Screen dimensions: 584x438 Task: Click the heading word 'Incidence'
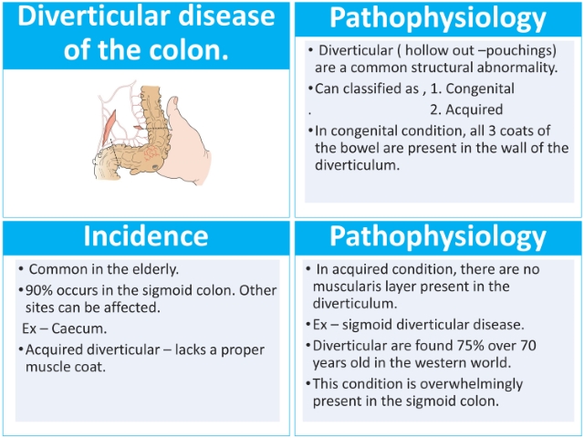(x=146, y=236)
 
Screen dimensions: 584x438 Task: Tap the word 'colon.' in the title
(x=189, y=49)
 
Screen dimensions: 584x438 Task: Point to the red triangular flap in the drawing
(x=109, y=128)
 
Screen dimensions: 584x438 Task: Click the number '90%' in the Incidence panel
(x=37, y=290)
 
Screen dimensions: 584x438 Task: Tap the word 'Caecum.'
(x=79, y=328)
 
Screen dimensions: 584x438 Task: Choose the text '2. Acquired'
(x=466, y=109)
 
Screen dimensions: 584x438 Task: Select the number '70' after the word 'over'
(x=527, y=346)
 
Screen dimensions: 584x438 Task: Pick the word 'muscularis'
(x=349, y=287)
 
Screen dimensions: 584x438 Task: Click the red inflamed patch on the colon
(x=151, y=152)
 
